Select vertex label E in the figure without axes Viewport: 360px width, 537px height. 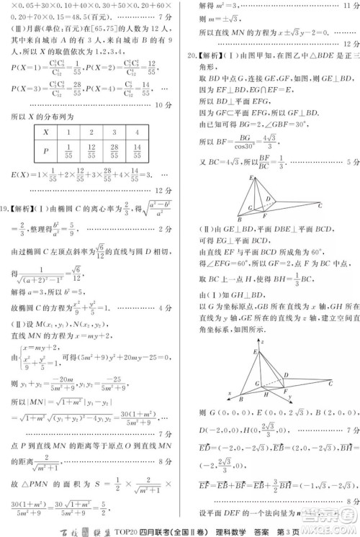click(x=250, y=177)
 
